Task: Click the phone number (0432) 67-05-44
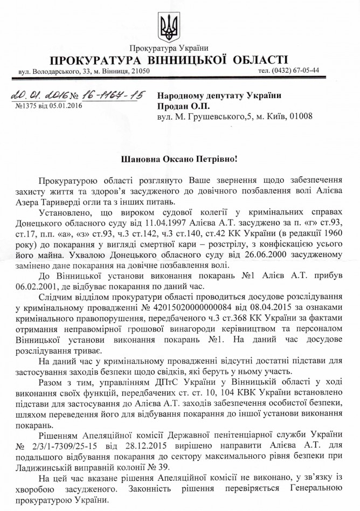(x=288, y=70)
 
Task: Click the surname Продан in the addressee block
(x=172, y=106)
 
